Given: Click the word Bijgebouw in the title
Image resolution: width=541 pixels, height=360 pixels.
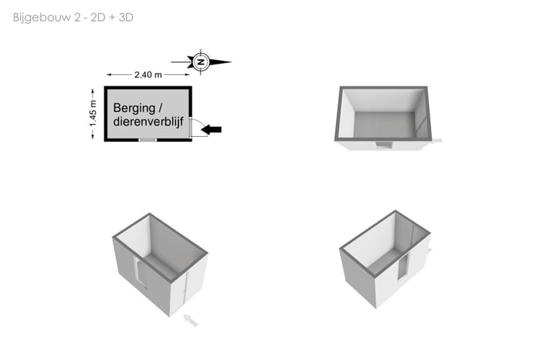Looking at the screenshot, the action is (42, 17).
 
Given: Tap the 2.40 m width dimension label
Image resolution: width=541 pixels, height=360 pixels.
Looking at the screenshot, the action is (148, 74).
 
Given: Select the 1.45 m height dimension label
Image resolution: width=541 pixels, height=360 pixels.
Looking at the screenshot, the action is (93, 113).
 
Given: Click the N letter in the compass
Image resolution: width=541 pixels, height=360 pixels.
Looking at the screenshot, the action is (201, 62).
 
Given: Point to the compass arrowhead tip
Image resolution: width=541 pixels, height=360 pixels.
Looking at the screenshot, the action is (231, 62).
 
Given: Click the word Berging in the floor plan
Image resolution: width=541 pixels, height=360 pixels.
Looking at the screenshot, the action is (134, 108).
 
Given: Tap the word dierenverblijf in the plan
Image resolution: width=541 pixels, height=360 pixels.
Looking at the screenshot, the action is (148, 122).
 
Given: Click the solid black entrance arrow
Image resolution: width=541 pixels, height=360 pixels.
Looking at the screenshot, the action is (211, 130).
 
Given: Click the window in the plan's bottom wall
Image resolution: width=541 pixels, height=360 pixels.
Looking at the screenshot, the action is (148, 140).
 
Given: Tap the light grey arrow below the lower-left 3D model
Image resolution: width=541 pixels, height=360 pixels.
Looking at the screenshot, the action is (191, 320).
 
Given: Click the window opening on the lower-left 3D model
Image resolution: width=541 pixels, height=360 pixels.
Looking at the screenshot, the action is (140, 272).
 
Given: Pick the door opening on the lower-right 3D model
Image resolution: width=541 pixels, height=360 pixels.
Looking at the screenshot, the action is (403, 265).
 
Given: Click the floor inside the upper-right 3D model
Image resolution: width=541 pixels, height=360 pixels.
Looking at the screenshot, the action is (384, 126).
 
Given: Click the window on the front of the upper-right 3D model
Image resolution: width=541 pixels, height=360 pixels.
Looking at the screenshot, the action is (384, 144).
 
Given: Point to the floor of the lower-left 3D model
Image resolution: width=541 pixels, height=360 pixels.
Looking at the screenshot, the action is (162, 266).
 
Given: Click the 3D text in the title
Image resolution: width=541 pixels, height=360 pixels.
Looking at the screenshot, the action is (126, 17).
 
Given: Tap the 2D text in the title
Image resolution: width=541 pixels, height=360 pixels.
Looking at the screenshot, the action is (98, 17).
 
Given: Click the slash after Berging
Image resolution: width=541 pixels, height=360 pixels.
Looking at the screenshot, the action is (160, 108).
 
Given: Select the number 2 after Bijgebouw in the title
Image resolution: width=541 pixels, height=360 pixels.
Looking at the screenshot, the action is (77, 17).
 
